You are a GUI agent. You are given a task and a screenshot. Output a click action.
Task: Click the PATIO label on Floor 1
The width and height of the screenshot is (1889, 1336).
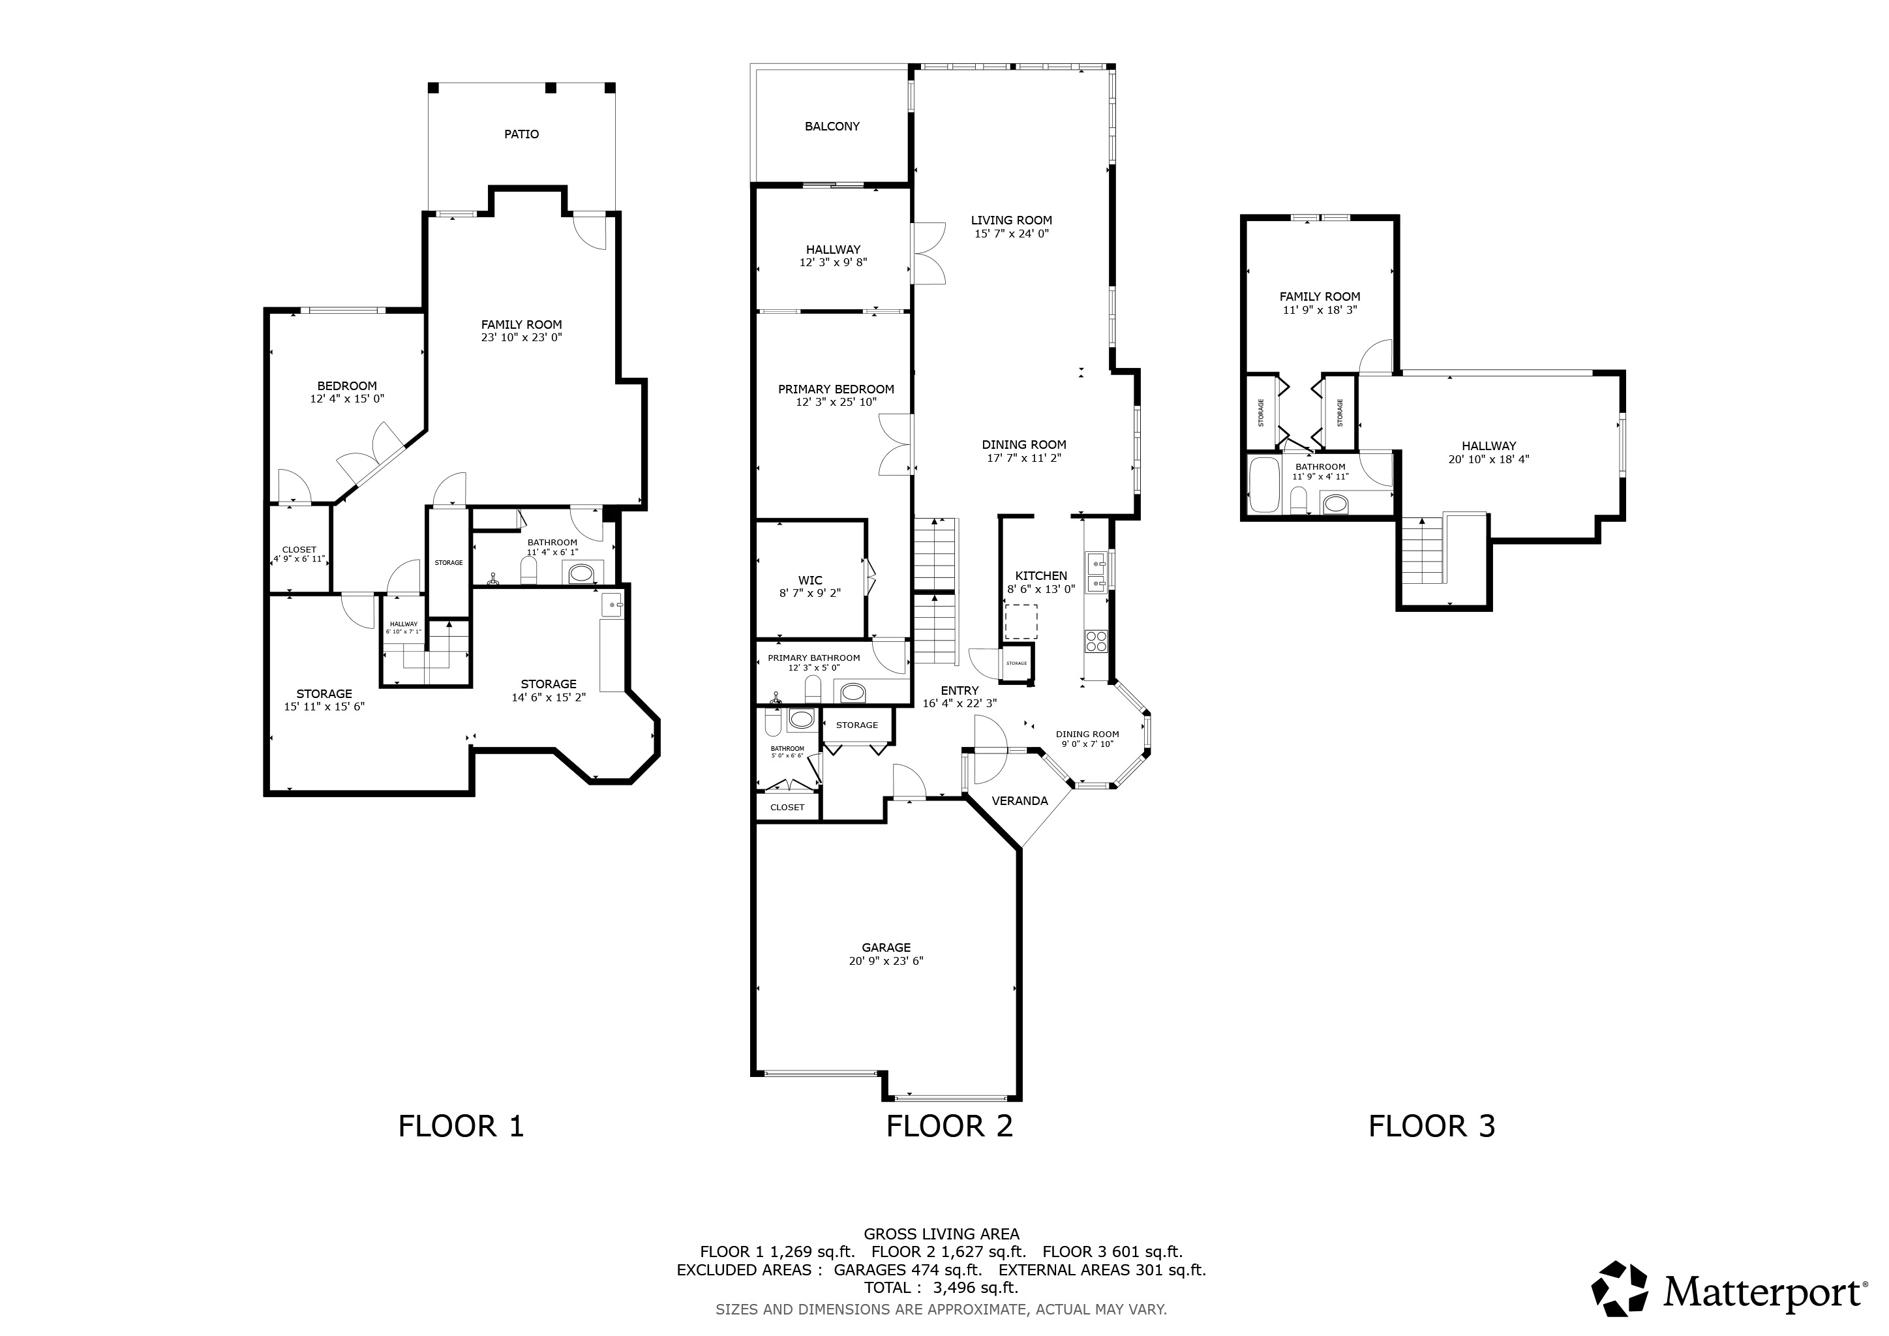[522, 134]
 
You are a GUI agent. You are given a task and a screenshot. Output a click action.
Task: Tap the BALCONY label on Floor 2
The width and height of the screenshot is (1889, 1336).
[832, 127]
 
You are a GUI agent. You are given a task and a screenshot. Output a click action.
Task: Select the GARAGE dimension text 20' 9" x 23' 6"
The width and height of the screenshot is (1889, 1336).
[886, 961]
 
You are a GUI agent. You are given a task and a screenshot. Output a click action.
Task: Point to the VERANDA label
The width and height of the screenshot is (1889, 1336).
[1020, 800]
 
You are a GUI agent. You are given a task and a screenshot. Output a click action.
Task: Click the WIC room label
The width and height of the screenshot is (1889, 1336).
[809, 581]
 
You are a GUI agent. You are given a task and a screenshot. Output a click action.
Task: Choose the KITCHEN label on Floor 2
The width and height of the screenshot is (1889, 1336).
[1041, 576]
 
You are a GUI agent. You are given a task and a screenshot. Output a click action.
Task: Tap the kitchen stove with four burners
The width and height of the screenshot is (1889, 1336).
[1096, 640]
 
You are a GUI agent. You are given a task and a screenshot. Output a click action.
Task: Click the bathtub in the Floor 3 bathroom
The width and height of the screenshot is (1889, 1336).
[1263, 485]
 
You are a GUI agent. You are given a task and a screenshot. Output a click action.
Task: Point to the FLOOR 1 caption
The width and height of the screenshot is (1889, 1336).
[461, 1126]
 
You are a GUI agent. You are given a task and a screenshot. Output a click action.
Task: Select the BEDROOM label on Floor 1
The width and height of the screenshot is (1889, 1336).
[347, 386]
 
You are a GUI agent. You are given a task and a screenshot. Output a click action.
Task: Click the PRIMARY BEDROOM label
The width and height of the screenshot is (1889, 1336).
[836, 389]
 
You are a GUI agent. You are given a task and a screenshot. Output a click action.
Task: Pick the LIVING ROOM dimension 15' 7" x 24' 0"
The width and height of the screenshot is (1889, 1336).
[1011, 234]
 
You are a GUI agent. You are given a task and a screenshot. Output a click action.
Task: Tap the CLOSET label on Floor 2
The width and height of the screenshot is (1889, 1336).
[787, 807]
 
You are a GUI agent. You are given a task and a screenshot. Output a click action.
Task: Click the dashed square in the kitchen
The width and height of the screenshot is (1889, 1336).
[1021, 622]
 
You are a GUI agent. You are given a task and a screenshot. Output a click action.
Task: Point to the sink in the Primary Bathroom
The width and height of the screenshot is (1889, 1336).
[853, 692]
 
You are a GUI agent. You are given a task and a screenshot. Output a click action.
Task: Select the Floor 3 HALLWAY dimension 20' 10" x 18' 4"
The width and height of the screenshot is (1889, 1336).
[1489, 460]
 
